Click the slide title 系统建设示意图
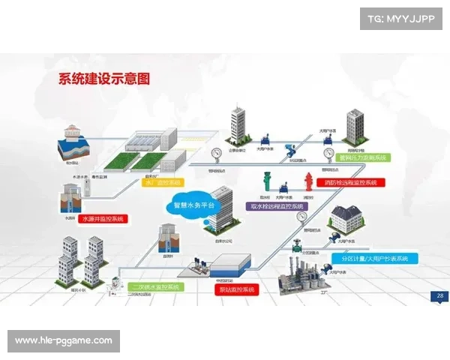pyautogui.click(x=105, y=78)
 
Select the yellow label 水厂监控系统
pyautogui.click(x=163, y=182)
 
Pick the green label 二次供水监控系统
pyautogui.click(x=155, y=286)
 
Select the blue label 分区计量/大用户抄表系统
pyautogui.click(x=375, y=258)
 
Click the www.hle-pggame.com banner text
pyautogui.click(x=63, y=340)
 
